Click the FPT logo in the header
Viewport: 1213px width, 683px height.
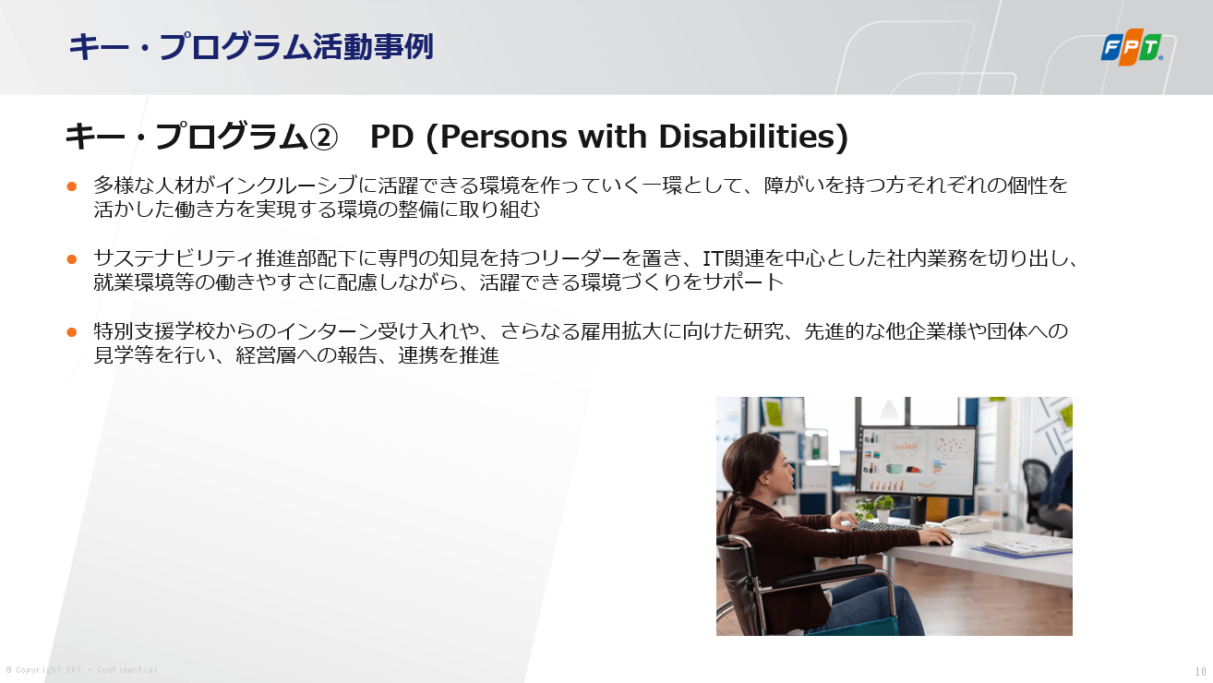(x=1132, y=47)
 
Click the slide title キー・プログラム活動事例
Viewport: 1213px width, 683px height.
(x=251, y=46)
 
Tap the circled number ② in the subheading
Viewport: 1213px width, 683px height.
(x=323, y=137)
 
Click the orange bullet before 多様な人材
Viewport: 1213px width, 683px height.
(x=71, y=186)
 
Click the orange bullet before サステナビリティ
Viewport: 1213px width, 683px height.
(x=71, y=259)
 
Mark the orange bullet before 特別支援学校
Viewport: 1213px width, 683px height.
(x=71, y=332)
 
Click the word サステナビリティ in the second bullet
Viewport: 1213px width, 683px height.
(x=174, y=258)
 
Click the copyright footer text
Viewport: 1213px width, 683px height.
(x=81, y=670)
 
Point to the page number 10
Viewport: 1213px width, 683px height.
(x=1200, y=672)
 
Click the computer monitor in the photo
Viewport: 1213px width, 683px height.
(x=917, y=461)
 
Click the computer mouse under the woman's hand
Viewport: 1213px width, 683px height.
(x=942, y=540)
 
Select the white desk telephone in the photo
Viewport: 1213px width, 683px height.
(x=967, y=523)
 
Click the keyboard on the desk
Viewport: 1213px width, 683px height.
(x=888, y=526)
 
